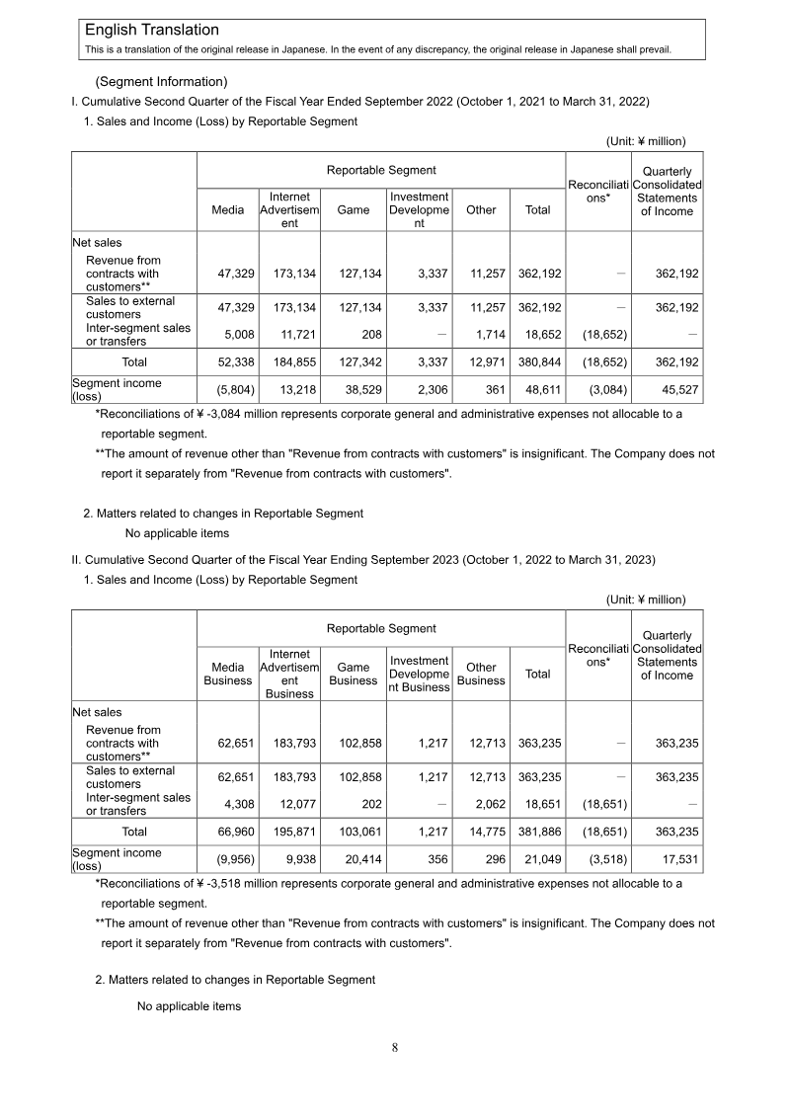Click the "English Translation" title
(x=152, y=31)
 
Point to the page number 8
(x=395, y=1048)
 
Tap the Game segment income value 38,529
(x=354, y=391)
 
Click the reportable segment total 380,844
(x=538, y=362)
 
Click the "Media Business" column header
(x=228, y=674)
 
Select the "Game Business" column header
(x=354, y=674)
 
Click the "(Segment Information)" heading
(x=161, y=81)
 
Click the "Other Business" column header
(x=481, y=674)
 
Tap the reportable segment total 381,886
(x=538, y=832)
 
